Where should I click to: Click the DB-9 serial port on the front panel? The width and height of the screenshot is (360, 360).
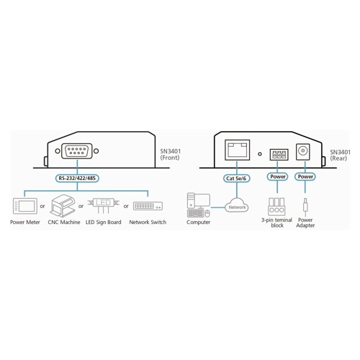click(x=77, y=151)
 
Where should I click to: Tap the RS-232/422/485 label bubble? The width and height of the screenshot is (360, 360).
click(x=77, y=179)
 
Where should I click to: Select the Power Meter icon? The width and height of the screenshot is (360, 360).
click(x=25, y=206)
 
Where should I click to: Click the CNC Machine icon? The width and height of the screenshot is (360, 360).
click(x=63, y=206)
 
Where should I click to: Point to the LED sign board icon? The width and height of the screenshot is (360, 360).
click(x=104, y=205)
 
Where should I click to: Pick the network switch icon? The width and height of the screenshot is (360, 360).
click(x=148, y=206)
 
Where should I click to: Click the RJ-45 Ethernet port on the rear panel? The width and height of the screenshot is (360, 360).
click(x=237, y=150)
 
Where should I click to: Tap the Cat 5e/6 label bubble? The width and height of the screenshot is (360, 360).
click(x=236, y=179)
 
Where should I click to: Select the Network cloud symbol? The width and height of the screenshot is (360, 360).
click(x=237, y=205)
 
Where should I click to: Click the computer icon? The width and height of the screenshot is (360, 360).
click(x=198, y=205)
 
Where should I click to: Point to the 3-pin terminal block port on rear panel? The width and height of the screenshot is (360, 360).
click(x=279, y=155)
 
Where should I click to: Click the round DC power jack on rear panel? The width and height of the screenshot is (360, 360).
click(x=303, y=152)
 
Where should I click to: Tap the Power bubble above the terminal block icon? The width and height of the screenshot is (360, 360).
click(x=278, y=176)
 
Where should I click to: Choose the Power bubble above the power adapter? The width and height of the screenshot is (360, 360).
click(x=305, y=176)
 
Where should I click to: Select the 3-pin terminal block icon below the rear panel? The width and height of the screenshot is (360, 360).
click(x=276, y=207)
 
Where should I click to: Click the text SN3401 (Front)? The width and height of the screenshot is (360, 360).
click(x=171, y=155)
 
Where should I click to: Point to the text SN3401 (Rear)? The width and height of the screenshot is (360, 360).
click(x=340, y=155)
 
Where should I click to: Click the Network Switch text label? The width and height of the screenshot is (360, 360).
click(x=148, y=222)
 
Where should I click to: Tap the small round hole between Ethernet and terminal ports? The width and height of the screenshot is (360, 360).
click(x=260, y=154)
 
